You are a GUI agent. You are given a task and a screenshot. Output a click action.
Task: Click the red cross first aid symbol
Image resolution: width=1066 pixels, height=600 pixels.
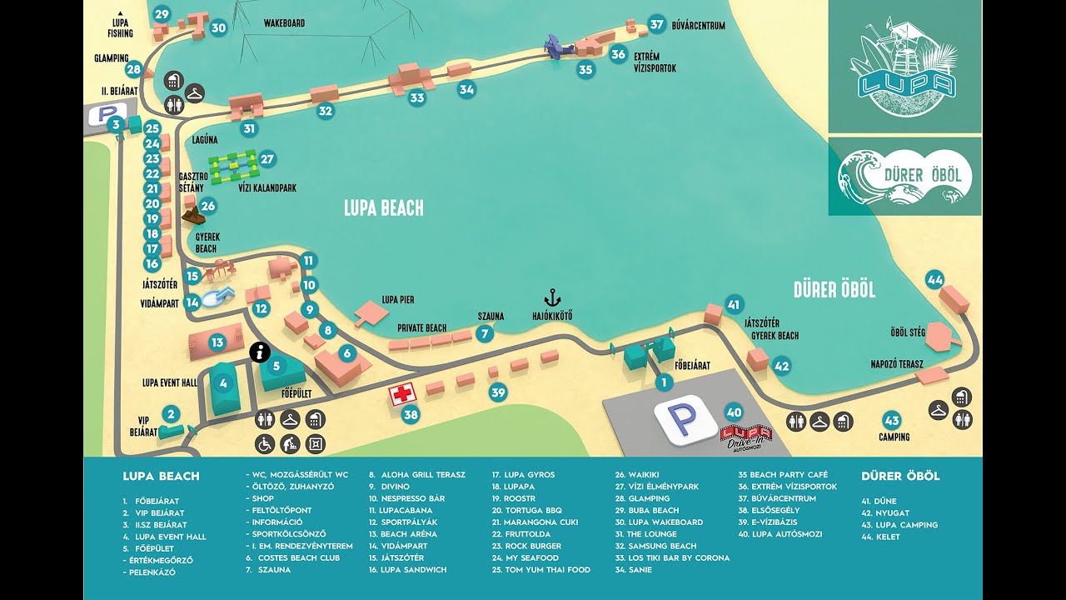[x=402, y=393]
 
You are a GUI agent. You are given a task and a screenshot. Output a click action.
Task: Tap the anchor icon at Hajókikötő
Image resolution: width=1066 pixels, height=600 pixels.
[x=551, y=297]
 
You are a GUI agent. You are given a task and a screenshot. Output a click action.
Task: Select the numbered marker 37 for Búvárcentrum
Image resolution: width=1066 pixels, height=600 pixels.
[x=657, y=25]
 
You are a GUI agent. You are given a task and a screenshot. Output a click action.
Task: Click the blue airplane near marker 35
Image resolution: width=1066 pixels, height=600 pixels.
[x=556, y=47]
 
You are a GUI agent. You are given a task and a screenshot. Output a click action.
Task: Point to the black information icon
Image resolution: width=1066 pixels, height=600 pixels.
[x=260, y=353]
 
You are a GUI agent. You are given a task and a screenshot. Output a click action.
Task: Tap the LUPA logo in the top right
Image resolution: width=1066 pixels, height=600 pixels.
[x=904, y=67]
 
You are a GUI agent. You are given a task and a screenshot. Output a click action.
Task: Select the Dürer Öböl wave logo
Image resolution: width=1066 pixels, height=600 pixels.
[x=904, y=177]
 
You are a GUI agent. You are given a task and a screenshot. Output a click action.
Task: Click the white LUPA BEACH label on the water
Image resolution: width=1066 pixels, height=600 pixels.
[x=384, y=208]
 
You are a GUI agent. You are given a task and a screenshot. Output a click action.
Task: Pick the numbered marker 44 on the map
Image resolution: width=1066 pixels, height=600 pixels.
[x=934, y=279]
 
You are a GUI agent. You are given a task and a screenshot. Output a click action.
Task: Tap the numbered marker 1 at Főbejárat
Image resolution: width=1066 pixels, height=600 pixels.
[x=664, y=382]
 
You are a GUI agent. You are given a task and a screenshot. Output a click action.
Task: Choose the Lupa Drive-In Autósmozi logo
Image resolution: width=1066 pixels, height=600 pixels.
[x=745, y=434]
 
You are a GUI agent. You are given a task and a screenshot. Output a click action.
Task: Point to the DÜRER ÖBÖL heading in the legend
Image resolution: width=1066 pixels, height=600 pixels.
[x=900, y=477]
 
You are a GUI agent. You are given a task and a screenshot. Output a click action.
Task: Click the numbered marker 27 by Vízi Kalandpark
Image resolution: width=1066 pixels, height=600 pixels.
[x=266, y=158]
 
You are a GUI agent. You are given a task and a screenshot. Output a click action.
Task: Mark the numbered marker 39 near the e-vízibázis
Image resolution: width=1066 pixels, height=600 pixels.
[x=498, y=392]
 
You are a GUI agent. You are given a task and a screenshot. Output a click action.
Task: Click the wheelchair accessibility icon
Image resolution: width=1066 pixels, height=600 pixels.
[x=265, y=444]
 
